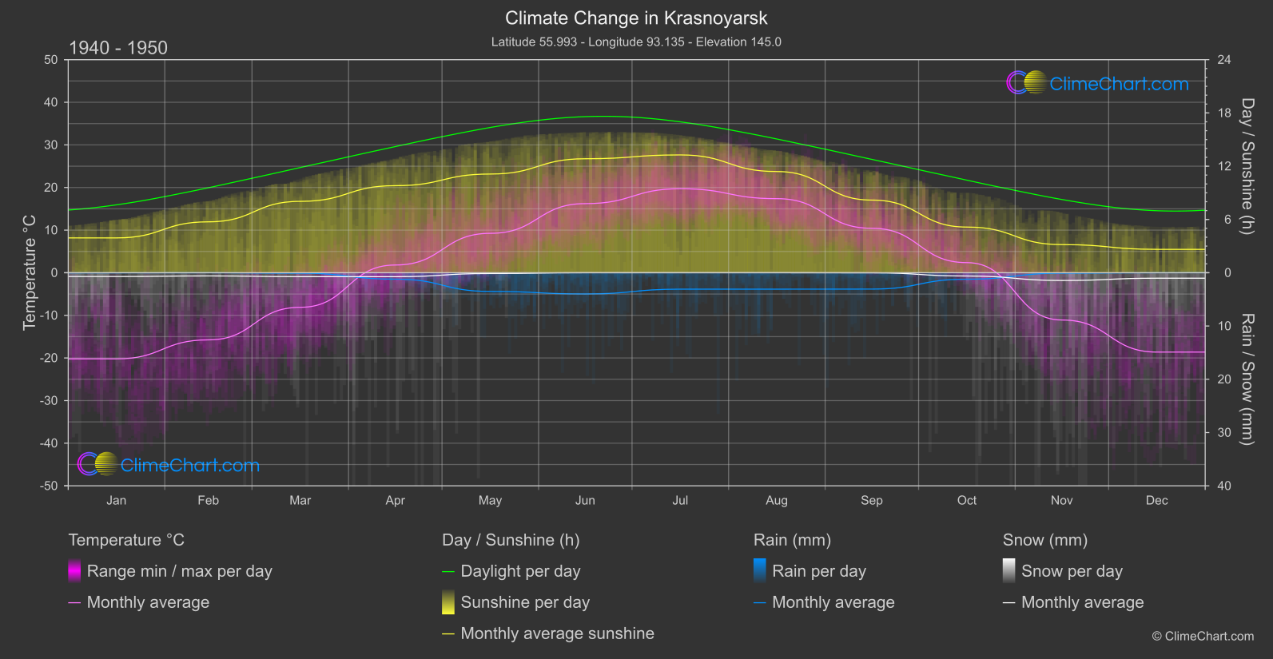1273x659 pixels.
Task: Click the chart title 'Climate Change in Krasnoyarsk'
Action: point(636,18)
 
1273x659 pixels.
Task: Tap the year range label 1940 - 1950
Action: point(118,48)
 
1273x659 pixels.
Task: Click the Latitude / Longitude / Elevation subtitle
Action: point(636,42)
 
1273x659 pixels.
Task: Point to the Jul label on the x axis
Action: point(680,500)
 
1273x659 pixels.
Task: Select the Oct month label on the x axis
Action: point(966,500)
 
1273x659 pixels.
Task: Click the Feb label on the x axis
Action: point(208,500)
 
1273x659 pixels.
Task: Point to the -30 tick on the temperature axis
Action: point(50,401)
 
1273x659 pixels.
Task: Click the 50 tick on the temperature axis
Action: point(51,60)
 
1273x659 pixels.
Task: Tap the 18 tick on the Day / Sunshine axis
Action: point(1224,113)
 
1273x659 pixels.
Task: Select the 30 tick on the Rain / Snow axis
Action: point(1224,433)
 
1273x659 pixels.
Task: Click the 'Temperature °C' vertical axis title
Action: point(30,272)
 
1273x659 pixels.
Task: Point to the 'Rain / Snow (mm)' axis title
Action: point(1247,379)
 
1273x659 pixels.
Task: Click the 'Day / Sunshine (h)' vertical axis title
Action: point(1247,166)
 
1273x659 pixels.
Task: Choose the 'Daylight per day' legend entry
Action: point(520,571)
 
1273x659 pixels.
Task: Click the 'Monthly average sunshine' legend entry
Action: point(557,633)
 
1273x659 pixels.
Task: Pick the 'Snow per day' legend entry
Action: point(1072,571)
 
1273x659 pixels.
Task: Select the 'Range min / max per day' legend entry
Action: point(179,571)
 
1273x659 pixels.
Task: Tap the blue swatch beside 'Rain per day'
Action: point(760,570)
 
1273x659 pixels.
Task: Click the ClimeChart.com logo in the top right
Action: point(1098,83)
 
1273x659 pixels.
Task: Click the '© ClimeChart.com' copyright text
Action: point(1203,636)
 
